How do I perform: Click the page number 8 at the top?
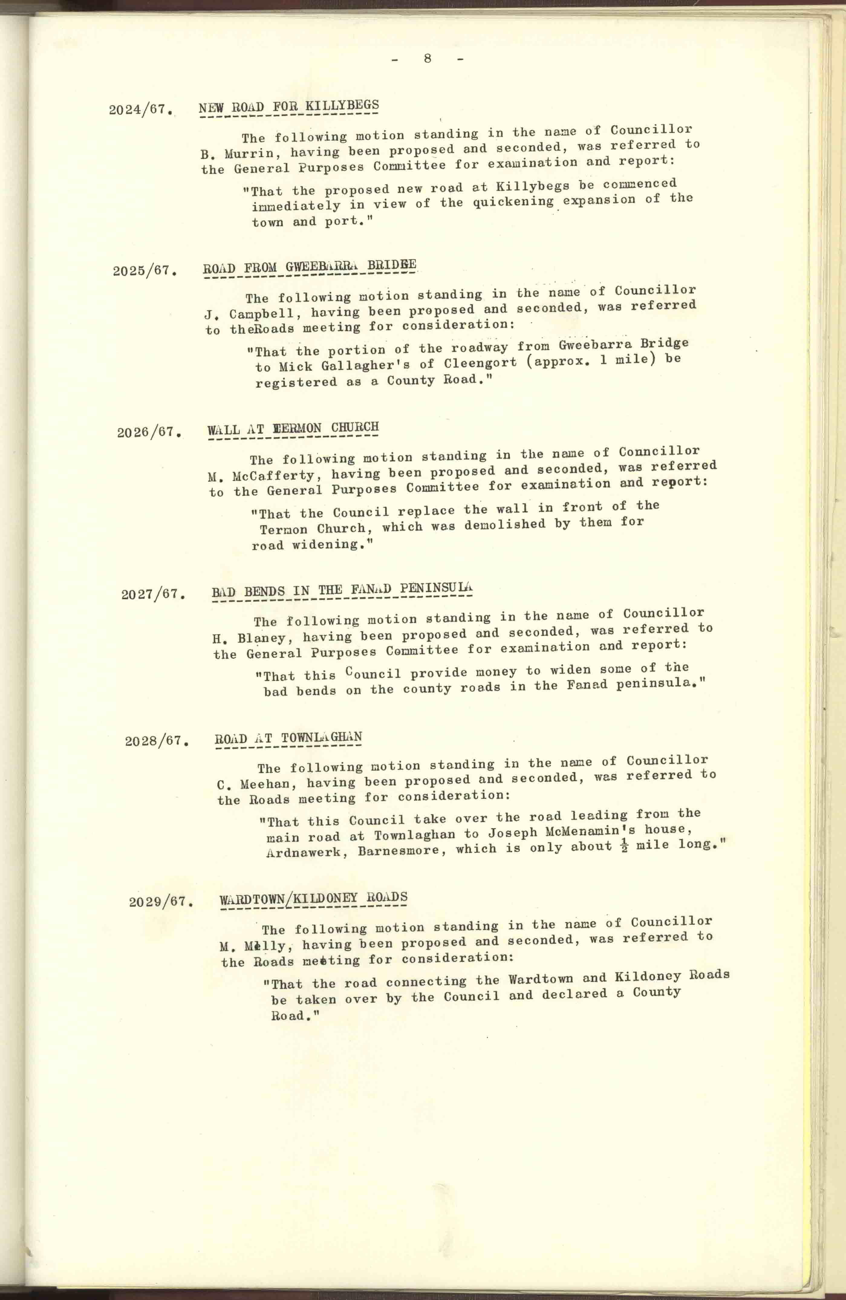[x=428, y=58]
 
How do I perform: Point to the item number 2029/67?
[x=161, y=901]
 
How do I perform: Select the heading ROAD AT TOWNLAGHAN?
[x=288, y=738]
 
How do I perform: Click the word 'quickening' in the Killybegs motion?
[x=513, y=202]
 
